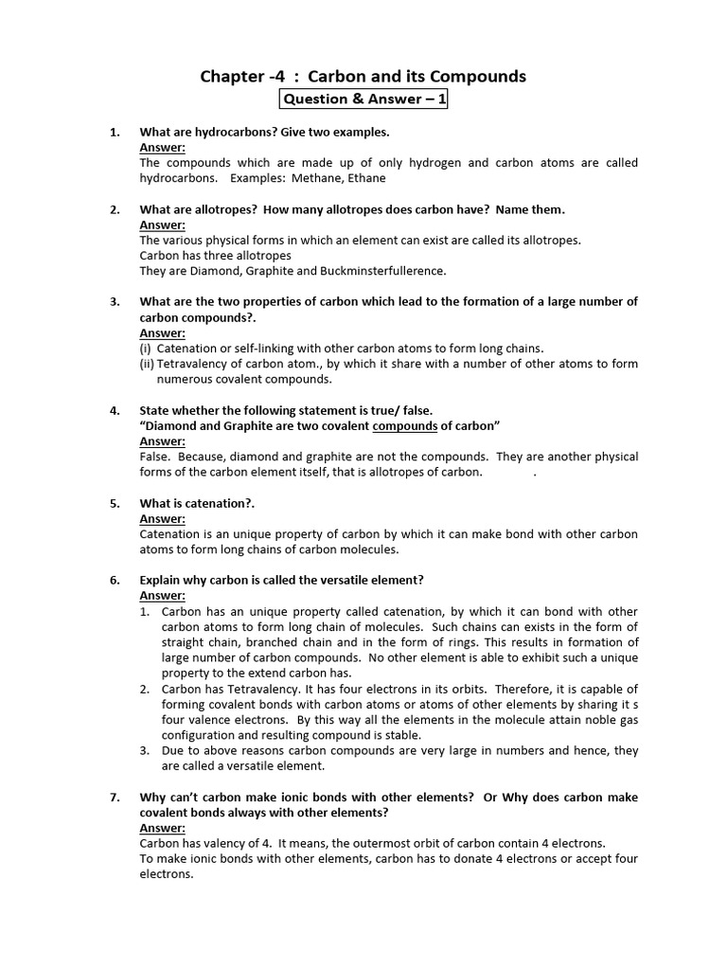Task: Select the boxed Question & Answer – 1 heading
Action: pos(363,99)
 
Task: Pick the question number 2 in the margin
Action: pos(114,209)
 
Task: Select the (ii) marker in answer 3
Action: pos(147,364)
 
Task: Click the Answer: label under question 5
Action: pos(163,518)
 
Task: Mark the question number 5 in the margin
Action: pos(114,503)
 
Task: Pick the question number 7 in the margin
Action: pos(114,798)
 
